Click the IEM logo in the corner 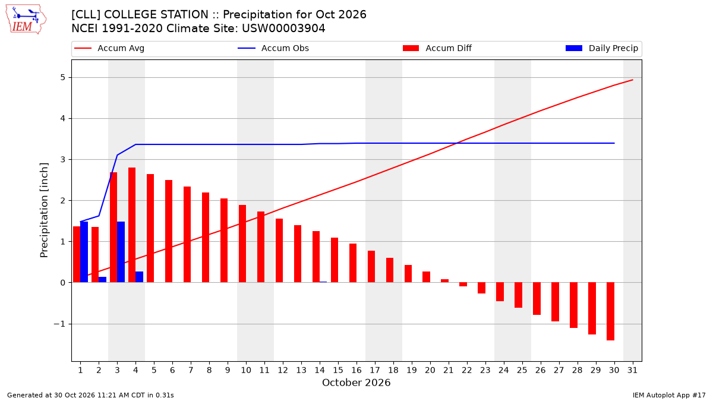click(x=26, y=20)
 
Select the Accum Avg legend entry click(x=109, y=48)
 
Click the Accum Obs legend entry click(x=273, y=48)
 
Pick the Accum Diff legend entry click(x=437, y=48)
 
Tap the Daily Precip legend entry click(x=601, y=48)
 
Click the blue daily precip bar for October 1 click(x=84, y=252)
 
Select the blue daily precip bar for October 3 click(x=121, y=252)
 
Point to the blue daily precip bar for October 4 click(x=139, y=277)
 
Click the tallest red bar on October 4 click(x=132, y=225)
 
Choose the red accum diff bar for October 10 click(x=242, y=244)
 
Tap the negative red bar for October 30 click(x=611, y=311)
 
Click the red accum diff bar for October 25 click(x=519, y=295)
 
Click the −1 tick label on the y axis click(x=59, y=324)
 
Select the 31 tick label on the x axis click(x=632, y=370)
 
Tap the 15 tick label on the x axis click(x=338, y=370)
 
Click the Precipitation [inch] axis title click(x=44, y=210)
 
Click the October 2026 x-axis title click(x=356, y=383)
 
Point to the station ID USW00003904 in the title click(x=283, y=29)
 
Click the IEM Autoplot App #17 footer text click(x=669, y=395)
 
